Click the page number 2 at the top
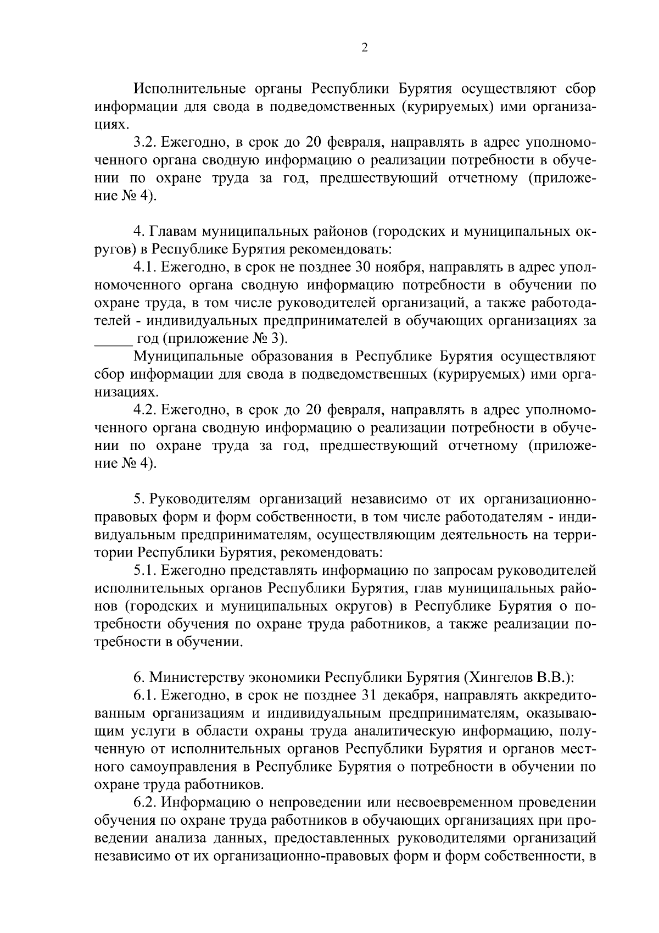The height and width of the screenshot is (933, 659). (365, 48)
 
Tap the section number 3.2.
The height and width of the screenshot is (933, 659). (146, 142)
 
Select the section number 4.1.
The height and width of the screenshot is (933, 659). (146, 268)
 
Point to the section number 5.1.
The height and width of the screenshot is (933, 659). (146, 571)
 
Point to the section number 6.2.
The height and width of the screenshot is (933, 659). (146, 802)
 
